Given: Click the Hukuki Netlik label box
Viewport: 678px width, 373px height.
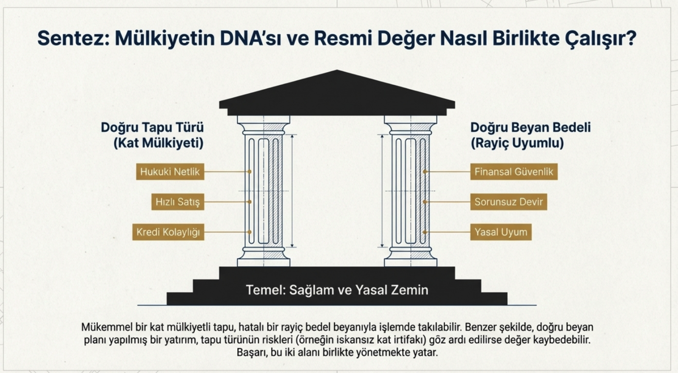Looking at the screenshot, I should pos(170,172).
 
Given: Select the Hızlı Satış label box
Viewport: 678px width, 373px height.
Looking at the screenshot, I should pos(178,202).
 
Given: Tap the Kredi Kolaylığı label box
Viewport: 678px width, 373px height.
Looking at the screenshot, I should pos(168,232).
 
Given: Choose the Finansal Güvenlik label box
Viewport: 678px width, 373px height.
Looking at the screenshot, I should pos(514,172).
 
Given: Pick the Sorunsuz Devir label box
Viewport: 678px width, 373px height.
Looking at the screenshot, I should pos(508,202).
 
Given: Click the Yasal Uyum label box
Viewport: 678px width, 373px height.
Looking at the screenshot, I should pos(501,232).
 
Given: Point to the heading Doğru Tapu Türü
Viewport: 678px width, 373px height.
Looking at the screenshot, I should pos(152,127).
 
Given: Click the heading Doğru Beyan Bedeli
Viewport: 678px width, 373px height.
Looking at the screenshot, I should pos(531,127).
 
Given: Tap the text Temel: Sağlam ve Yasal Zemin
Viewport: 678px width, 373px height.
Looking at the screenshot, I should pos(337,290).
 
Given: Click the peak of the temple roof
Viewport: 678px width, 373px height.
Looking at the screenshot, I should pos(337,72).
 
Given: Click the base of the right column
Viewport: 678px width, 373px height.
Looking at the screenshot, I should pos(410,256).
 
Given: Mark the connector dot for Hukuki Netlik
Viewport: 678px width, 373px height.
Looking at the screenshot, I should pos(250,172).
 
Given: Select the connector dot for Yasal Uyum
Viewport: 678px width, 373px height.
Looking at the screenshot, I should pos(425,232).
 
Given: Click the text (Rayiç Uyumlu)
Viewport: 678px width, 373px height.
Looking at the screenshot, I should pos(517,143).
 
